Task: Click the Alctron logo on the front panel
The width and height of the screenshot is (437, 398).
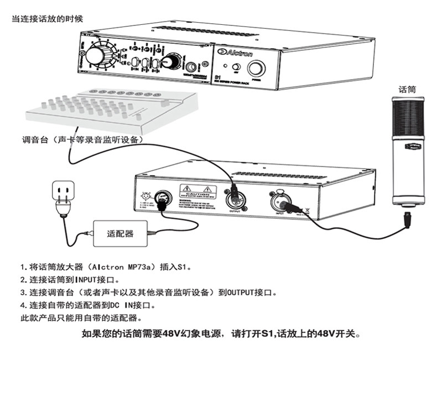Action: tap(238, 54)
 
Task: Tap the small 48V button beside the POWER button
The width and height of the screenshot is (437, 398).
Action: tap(235, 67)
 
